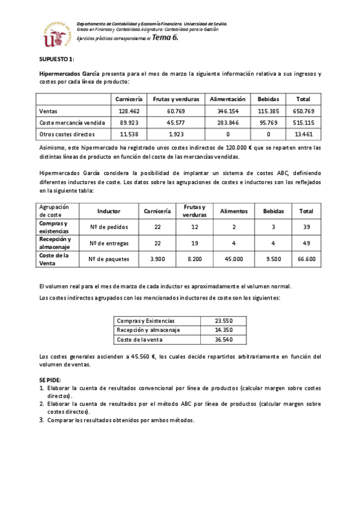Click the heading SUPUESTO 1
[56, 59]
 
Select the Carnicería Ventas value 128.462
[129, 111]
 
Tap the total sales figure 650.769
[303, 111]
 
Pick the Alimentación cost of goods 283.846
[228, 123]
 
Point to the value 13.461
[303, 134]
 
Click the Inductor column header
[109, 211]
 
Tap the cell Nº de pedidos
[109, 227]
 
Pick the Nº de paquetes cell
[109, 259]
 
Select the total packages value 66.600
[307, 259]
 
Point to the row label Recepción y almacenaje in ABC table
[55, 242]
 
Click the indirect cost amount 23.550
[223, 321]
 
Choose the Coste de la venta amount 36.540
[223, 340]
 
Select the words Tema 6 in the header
[166, 37]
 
